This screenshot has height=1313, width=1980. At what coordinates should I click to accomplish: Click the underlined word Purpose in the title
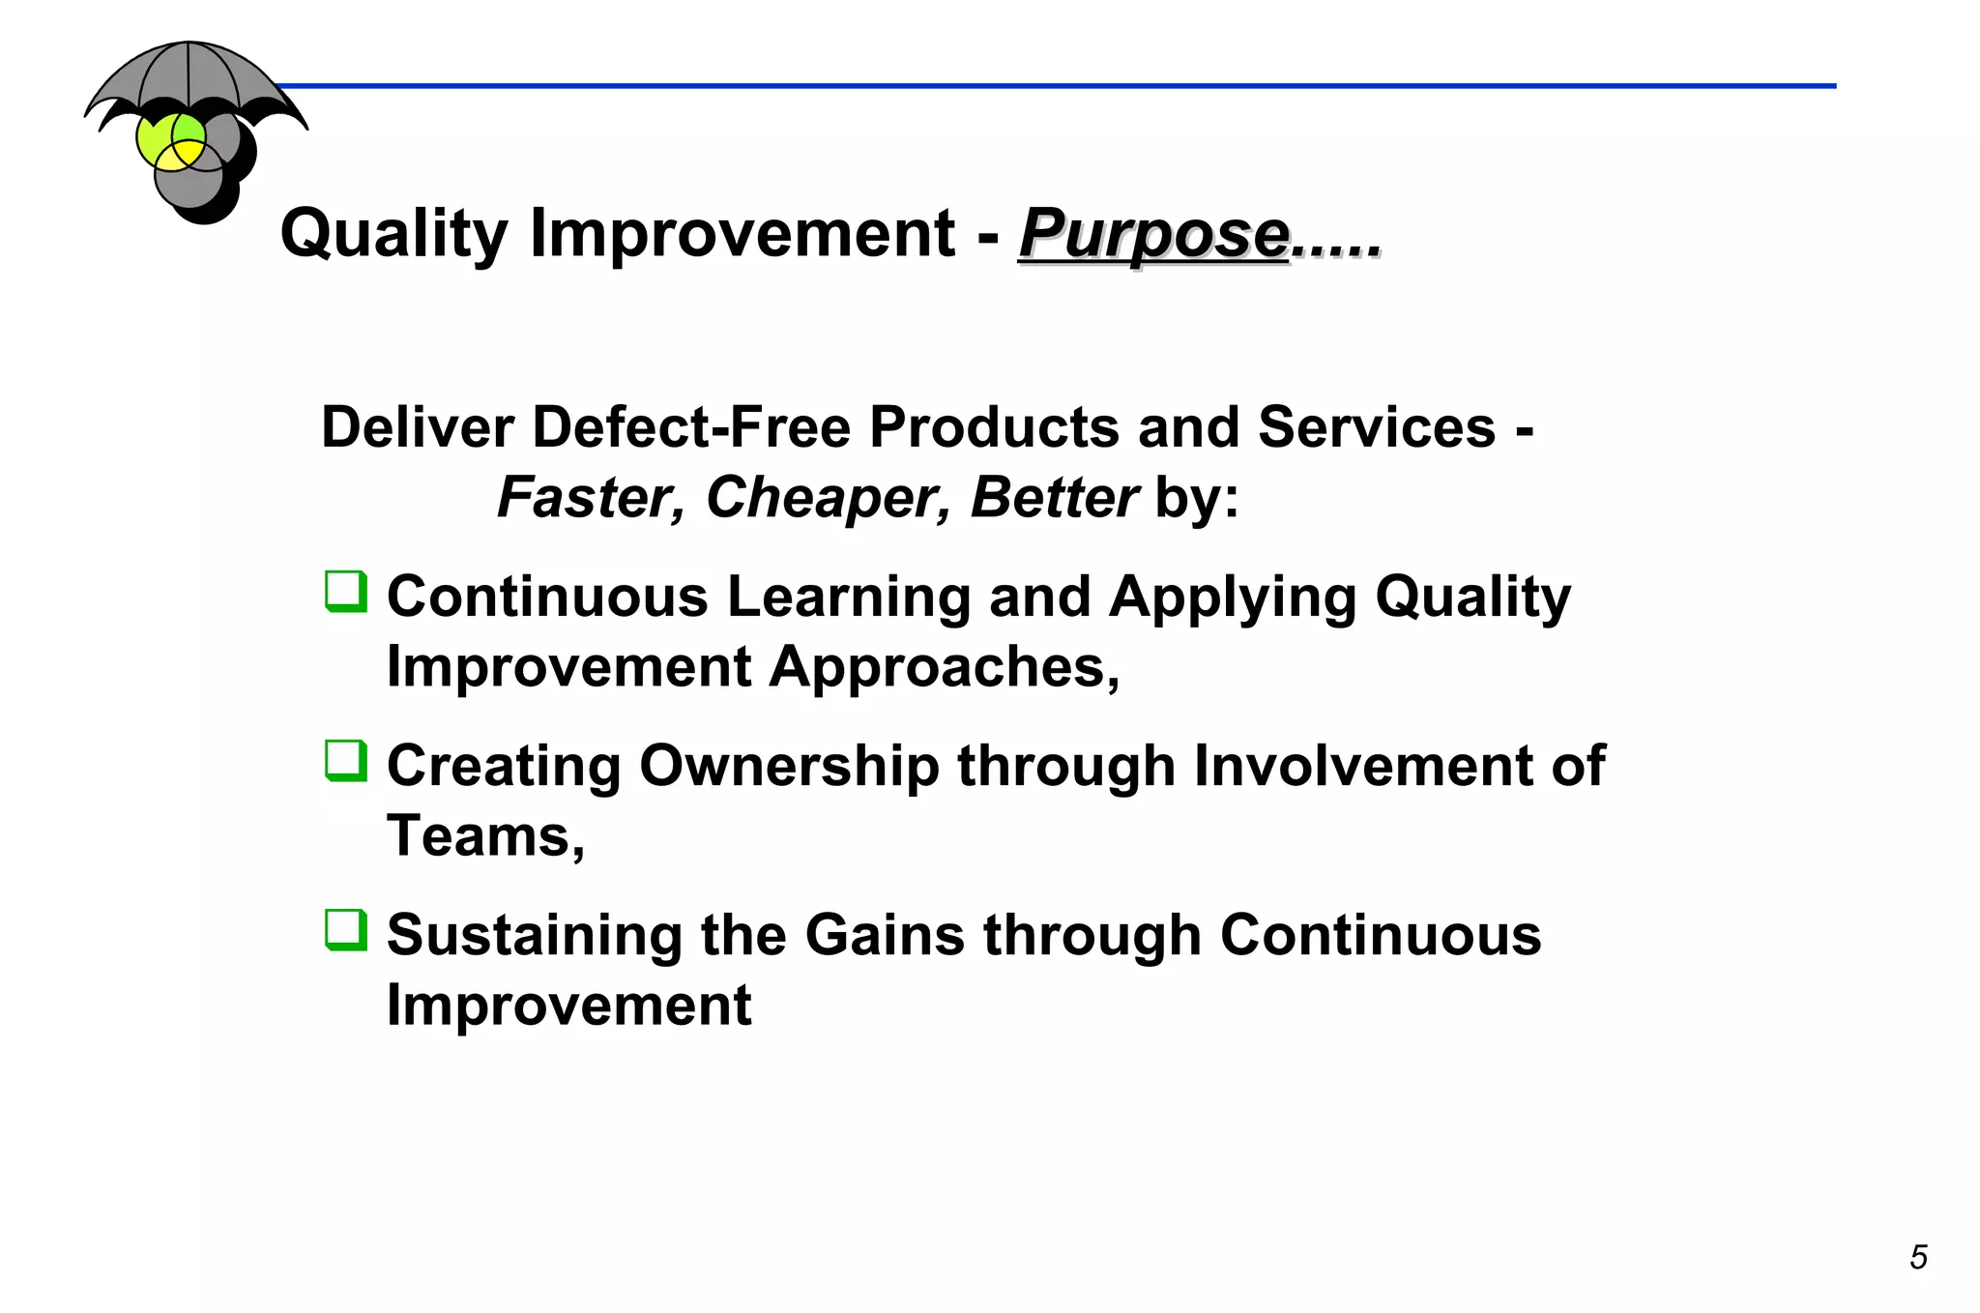(x=1152, y=235)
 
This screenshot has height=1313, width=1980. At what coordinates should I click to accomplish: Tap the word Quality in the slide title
(x=393, y=235)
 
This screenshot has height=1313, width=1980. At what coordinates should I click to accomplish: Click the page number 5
(x=1918, y=1257)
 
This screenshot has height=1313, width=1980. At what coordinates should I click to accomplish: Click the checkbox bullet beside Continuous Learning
(x=346, y=591)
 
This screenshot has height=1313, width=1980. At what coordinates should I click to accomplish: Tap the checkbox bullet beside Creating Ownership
(x=346, y=760)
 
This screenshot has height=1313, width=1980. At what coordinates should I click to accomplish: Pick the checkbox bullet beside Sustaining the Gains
(x=346, y=929)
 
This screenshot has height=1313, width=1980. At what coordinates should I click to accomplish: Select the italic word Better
(x=1054, y=498)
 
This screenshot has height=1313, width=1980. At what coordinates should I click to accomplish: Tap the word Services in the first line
(x=1376, y=427)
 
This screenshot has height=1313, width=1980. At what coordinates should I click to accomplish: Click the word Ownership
(x=789, y=766)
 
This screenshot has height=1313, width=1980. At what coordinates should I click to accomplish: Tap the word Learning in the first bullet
(x=849, y=597)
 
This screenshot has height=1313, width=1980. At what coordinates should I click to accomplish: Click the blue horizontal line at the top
(x=1063, y=86)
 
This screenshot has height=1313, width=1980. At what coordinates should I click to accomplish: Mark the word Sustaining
(x=534, y=935)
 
